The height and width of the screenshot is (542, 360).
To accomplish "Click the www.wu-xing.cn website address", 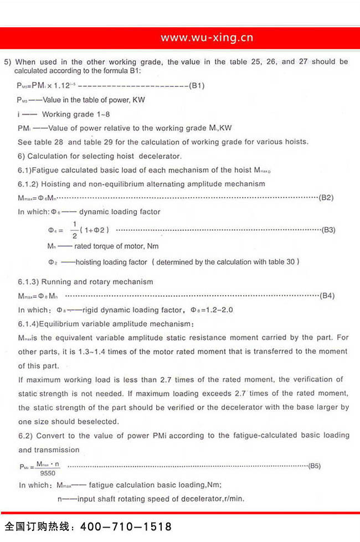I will tap(207, 38).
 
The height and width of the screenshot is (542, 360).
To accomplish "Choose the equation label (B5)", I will tap(314, 466).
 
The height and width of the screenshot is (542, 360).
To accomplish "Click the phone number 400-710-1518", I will tap(127, 526).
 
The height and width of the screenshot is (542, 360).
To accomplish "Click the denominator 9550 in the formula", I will tap(48, 474).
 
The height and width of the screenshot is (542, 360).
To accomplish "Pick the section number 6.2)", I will tap(25, 436).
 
